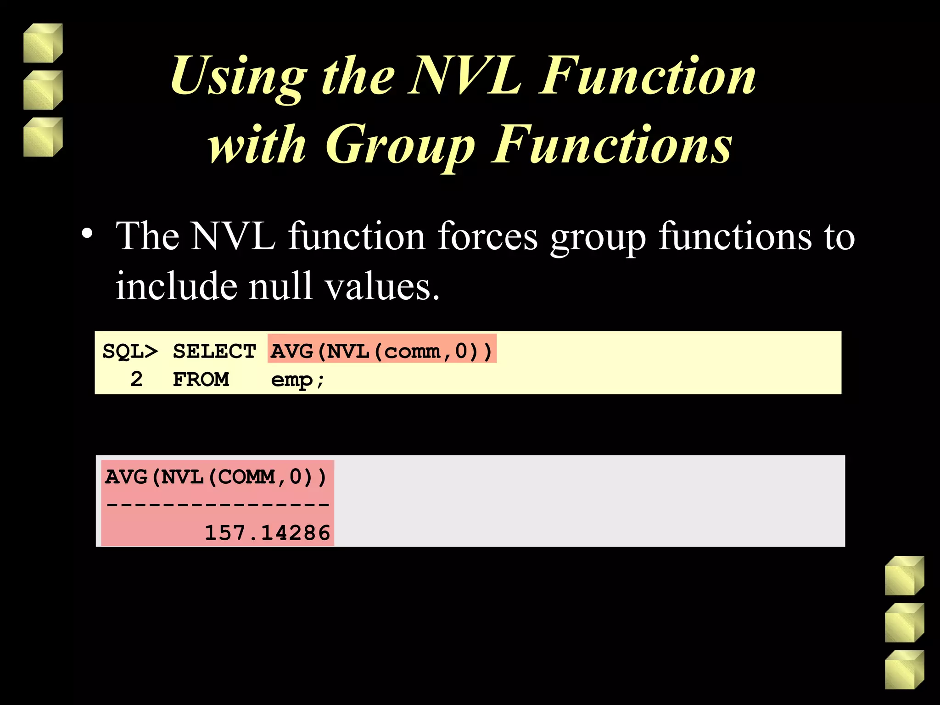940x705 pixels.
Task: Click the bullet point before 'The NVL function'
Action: click(87, 234)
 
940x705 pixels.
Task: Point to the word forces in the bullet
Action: click(487, 236)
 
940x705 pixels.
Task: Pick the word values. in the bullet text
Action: click(382, 286)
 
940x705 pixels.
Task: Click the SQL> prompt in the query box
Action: click(130, 352)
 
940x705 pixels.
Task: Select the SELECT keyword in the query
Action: click(214, 352)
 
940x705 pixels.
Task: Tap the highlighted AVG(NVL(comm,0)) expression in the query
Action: click(381, 352)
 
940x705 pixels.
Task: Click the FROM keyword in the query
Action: click(201, 380)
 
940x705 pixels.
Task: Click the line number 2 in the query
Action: click(136, 380)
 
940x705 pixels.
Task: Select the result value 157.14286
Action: click(267, 533)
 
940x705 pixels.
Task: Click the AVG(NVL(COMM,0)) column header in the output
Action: click(216, 477)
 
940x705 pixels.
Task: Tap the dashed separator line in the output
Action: click(218, 505)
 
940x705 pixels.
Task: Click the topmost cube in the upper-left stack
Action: click(43, 43)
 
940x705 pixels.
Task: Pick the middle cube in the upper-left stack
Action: click(43, 90)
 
